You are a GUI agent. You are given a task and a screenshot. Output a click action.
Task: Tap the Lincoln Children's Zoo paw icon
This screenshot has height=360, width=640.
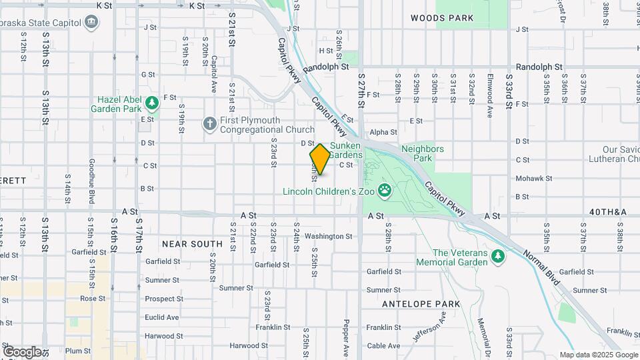point(385,191)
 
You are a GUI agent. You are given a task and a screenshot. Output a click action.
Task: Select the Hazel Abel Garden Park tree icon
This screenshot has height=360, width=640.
point(153,103)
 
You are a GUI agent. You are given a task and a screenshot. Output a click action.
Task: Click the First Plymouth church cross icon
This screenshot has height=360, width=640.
point(209,124)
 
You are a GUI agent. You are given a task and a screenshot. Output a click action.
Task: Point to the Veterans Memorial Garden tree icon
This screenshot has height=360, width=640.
point(497,257)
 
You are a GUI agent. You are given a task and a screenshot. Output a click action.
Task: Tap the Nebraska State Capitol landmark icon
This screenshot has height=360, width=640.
point(91,21)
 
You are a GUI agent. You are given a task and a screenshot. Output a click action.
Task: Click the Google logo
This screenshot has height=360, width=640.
point(22,352)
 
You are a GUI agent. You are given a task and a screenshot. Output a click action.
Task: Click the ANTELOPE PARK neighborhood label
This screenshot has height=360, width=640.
point(421,304)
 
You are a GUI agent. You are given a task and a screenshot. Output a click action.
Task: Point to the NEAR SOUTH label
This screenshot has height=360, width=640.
point(192,244)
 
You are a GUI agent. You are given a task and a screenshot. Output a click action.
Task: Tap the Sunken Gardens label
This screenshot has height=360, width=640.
point(345,151)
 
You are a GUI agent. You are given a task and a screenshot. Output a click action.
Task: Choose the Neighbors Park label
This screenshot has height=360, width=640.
point(423,153)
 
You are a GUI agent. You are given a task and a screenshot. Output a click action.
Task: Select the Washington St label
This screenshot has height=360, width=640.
point(328,236)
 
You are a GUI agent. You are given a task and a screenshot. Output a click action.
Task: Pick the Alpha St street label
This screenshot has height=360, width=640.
point(383,133)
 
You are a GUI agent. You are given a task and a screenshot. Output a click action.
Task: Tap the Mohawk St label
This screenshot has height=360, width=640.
point(531,179)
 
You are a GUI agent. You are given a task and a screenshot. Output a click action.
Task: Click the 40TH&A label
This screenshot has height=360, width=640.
point(608,212)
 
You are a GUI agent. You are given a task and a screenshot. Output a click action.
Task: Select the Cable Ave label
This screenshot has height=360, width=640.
point(383,345)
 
